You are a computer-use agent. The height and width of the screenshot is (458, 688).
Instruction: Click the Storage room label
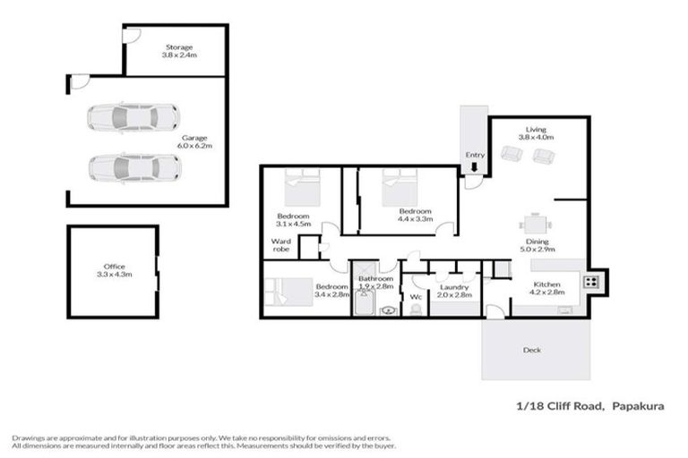(179, 51)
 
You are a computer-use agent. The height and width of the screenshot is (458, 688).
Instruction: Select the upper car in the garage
(133, 116)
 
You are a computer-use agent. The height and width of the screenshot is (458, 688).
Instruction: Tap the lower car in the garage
(133, 166)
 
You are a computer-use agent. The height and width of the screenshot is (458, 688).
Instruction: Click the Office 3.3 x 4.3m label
(115, 270)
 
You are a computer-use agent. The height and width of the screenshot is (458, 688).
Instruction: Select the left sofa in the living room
(512, 157)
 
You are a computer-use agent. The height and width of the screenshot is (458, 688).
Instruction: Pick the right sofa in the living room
(541, 157)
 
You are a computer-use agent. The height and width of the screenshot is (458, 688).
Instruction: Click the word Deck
(532, 350)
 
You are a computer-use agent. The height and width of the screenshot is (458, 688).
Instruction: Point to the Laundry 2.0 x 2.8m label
(456, 291)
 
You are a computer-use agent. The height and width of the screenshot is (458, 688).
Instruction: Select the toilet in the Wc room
(416, 309)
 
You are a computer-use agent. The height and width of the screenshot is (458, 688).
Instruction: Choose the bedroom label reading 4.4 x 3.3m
(415, 215)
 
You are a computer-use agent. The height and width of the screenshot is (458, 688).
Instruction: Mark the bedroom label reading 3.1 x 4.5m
(294, 220)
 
